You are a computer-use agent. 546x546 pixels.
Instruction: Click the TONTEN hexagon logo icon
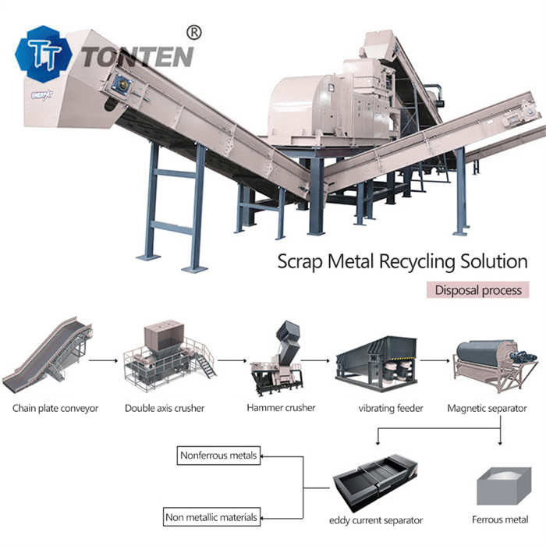point(43,54)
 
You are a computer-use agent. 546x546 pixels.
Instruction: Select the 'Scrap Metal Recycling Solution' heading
point(402,261)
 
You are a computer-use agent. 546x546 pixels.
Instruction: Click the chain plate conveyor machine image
point(48,355)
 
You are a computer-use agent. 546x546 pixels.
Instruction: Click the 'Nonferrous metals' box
point(218,456)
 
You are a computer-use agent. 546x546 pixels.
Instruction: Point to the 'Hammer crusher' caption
point(281,407)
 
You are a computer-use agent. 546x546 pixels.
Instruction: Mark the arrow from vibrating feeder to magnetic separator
point(438,360)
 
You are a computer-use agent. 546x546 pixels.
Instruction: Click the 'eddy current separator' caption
point(377,520)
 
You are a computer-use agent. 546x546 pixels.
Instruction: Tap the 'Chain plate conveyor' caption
point(55,408)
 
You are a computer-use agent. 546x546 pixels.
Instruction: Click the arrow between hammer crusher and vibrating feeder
point(315,360)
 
